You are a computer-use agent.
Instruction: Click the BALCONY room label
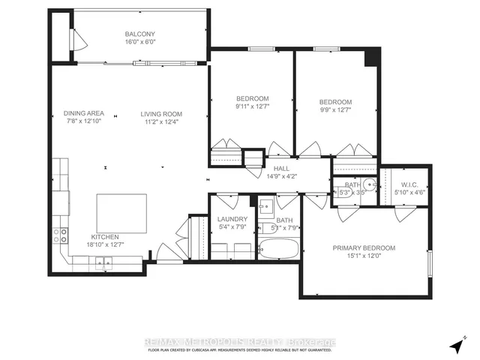141,34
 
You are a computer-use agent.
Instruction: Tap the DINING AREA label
83,114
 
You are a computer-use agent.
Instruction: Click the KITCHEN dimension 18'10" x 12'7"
104,244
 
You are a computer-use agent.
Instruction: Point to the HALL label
281,169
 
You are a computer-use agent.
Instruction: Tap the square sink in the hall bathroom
265,205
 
